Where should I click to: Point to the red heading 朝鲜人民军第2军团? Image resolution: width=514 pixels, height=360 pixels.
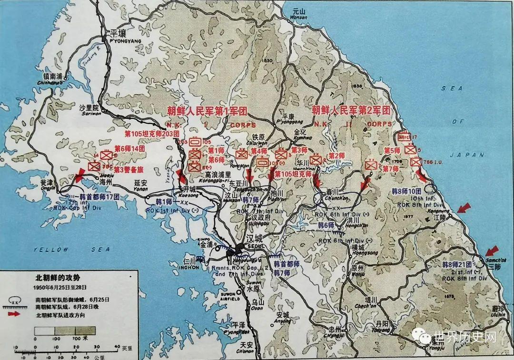pos(351,109)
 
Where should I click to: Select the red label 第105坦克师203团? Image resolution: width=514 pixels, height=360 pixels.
pos(152,134)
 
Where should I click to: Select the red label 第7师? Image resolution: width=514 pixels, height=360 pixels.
pos(391,169)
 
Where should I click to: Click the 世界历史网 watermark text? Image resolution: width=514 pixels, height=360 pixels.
pos(465,337)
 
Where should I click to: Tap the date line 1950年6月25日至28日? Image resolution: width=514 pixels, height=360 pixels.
pos(60,288)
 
